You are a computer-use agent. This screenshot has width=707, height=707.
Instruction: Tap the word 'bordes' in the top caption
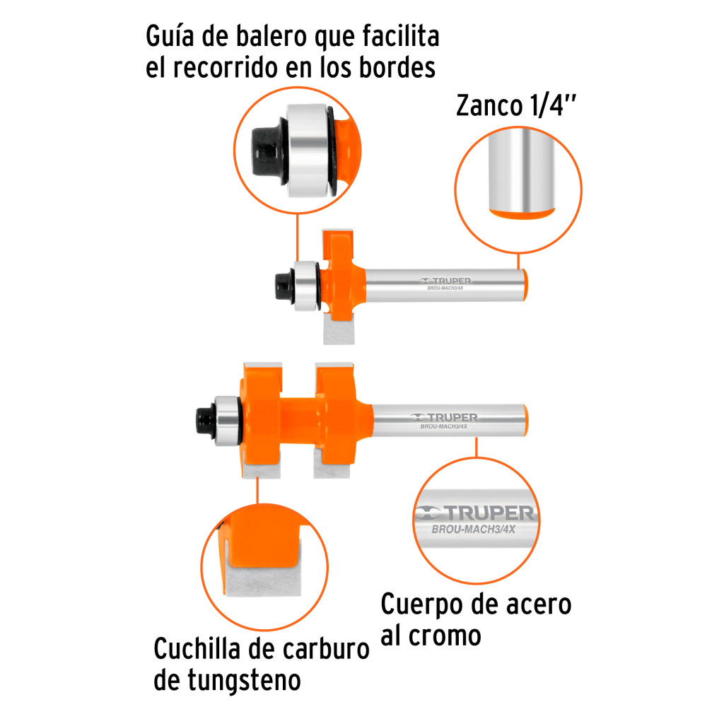(x=397, y=68)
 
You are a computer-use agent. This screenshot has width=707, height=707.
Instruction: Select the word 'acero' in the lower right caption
(x=539, y=604)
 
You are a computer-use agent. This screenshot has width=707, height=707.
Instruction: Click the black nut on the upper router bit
(x=284, y=286)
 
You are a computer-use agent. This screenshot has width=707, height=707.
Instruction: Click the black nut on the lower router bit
(x=206, y=420)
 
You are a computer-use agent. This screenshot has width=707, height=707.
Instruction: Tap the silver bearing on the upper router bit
(x=306, y=286)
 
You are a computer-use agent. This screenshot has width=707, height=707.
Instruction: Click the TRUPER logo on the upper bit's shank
(x=445, y=281)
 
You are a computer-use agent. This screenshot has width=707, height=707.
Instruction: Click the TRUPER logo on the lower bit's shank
(x=444, y=417)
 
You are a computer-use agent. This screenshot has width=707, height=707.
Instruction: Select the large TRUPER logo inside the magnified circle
(x=474, y=513)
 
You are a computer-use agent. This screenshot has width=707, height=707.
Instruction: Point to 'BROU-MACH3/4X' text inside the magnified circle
(x=474, y=530)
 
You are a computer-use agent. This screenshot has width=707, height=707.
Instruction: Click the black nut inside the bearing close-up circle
(x=267, y=151)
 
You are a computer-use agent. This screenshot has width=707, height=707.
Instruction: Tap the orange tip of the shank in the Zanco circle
(x=522, y=214)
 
